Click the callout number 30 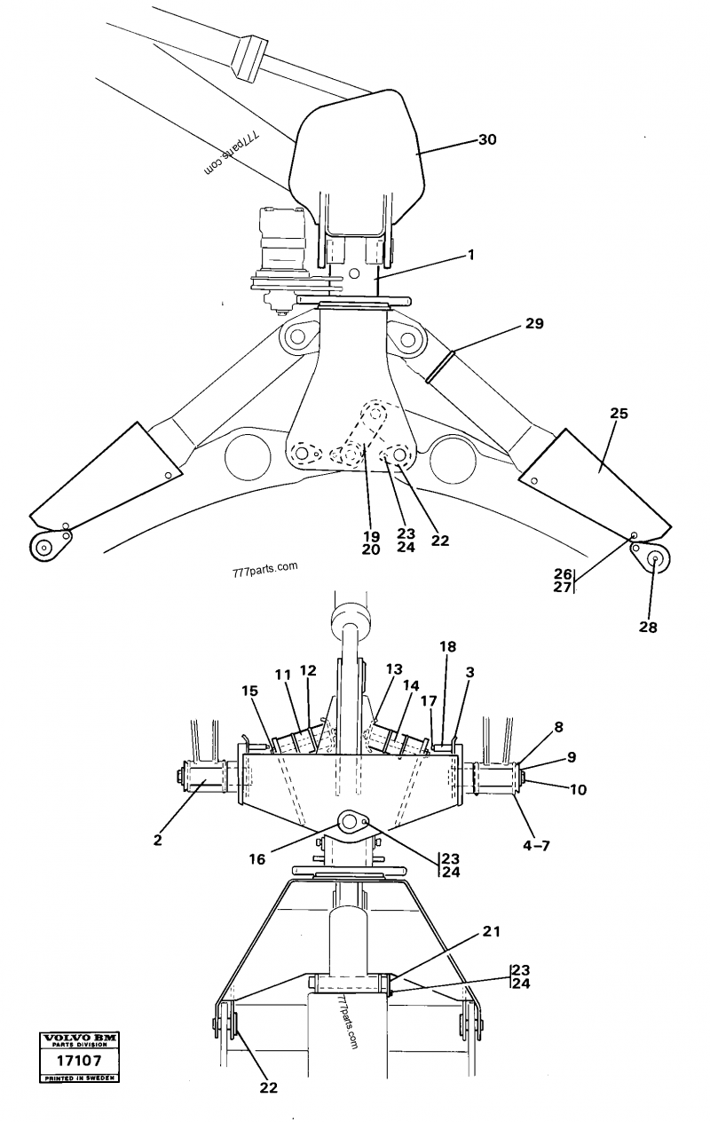(487, 139)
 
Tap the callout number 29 (533, 323)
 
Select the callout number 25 (619, 414)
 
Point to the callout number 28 (648, 627)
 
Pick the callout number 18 (448, 647)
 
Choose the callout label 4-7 (535, 846)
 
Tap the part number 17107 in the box (74, 1060)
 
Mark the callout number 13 (394, 668)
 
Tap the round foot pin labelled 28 (654, 558)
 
